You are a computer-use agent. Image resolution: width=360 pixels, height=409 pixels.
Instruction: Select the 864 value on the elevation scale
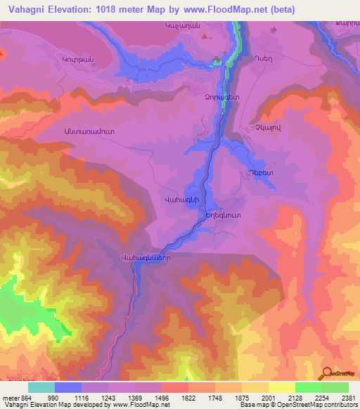coord(19,397)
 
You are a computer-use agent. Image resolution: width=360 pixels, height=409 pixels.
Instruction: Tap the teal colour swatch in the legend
coord(41,387)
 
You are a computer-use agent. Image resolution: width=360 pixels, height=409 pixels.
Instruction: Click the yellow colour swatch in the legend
coord(281,387)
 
